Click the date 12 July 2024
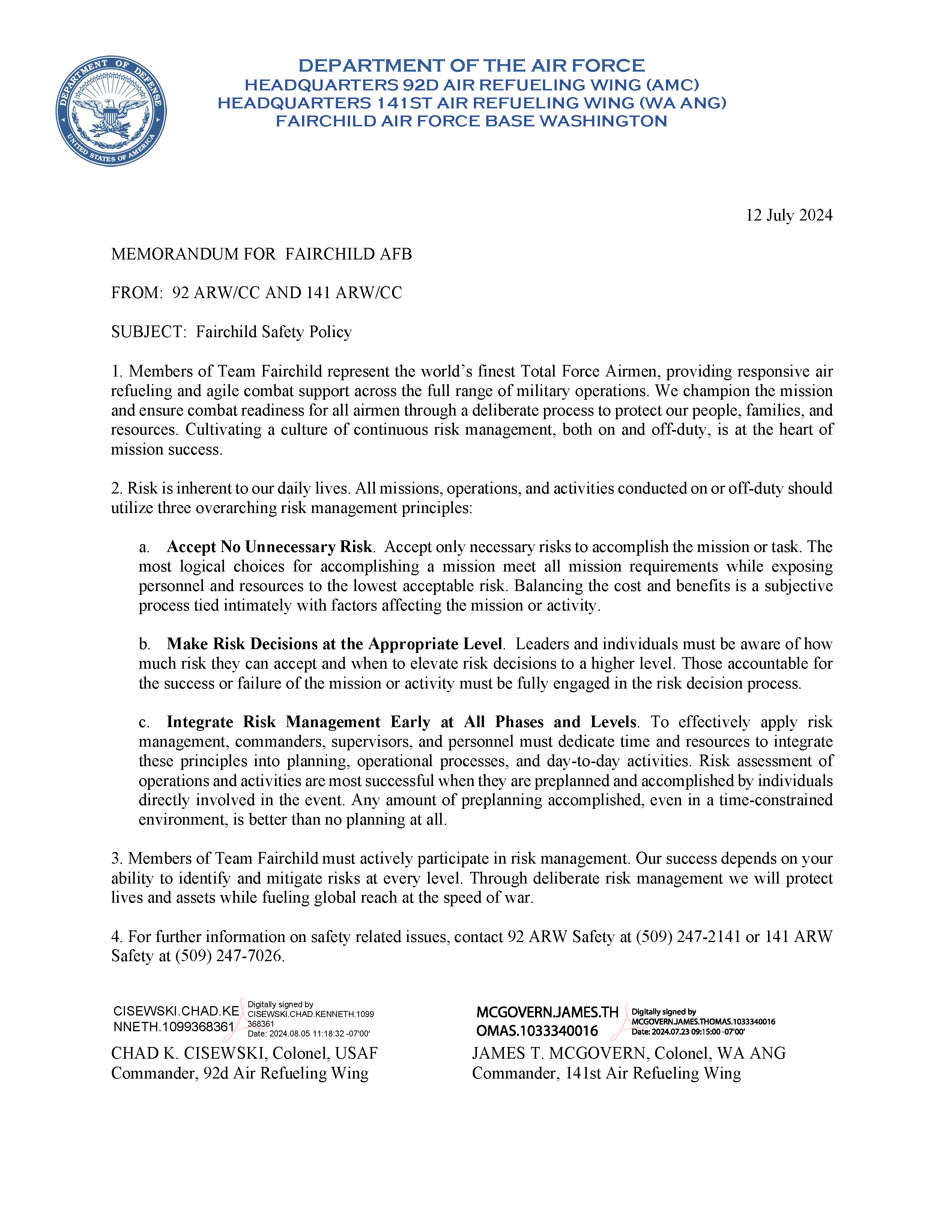point(789,215)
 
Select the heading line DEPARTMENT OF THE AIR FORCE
point(472,66)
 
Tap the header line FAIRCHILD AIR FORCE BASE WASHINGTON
point(472,121)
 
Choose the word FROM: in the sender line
point(137,293)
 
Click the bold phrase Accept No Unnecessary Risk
point(269,547)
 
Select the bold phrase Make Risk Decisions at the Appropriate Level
point(334,644)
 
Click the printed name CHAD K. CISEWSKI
point(189,1053)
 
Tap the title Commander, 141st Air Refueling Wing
point(606,1073)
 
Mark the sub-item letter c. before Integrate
point(144,722)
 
